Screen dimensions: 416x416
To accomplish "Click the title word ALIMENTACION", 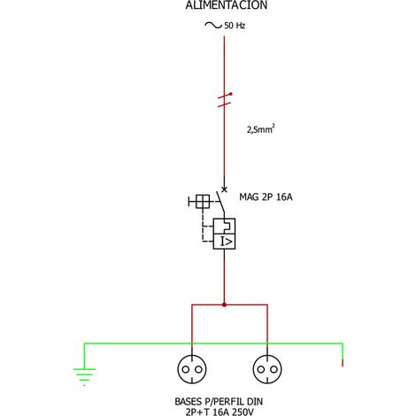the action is pyautogui.click(x=227, y=5).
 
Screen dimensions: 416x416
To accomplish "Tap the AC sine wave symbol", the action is pyautogui.click(x=213, y=26).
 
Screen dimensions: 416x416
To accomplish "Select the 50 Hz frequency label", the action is pyautogui.click(x=235, y=26).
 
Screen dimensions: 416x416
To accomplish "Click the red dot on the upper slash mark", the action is pyautogui.click(x=231, y=94).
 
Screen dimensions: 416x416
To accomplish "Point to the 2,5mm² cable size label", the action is pyautogui.click(x=261, y=129).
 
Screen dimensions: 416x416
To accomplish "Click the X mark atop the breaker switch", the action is pyautogui.click(x=224, y=189).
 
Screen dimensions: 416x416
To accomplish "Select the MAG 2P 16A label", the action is pyautogui.click(x=266, y=196).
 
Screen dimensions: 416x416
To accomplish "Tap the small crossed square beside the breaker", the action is pyautogui.click(x=203, y=202).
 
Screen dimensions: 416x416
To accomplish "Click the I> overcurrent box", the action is pyautogui.click(x=224, y=242).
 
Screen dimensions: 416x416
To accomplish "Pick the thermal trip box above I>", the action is pyautogui.click(x=224, y=227).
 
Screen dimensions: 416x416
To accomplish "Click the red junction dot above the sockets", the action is pyautogui.click(x=224, y=304).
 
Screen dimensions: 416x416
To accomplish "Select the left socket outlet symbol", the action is pyautogui.click(x=192, y=369).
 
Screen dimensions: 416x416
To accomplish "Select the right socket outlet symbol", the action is pyautogui.click(x=267, y=369).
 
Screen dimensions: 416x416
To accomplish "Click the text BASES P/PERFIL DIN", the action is pyautogui.click(x=219, y=402).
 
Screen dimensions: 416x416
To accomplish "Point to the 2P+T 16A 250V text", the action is pyautogui.click(x=220, y=412).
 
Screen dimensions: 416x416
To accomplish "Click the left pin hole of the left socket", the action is pyautogui.click(x=186, y=369).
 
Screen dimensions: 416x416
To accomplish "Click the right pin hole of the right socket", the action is pyautogui.click(x=273, y=369).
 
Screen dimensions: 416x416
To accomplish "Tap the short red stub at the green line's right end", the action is pyautogui.click(x=343, y=363).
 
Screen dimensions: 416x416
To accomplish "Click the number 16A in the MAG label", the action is pyautogui.click(x=284, y=196).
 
